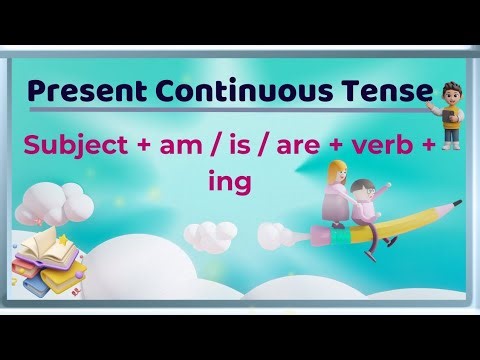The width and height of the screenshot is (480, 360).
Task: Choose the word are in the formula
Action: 312,146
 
